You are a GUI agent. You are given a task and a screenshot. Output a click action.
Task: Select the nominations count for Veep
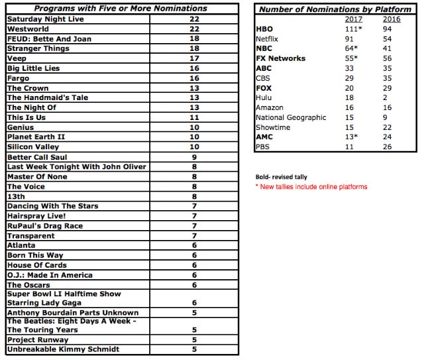194,58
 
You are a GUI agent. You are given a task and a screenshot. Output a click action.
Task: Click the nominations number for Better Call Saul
194,157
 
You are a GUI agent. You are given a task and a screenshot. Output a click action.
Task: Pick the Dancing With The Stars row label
52,206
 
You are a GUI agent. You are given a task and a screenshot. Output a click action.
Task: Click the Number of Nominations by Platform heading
335,9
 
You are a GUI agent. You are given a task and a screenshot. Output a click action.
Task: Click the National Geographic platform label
291,117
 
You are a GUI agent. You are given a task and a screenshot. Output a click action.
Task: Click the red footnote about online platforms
311,187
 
